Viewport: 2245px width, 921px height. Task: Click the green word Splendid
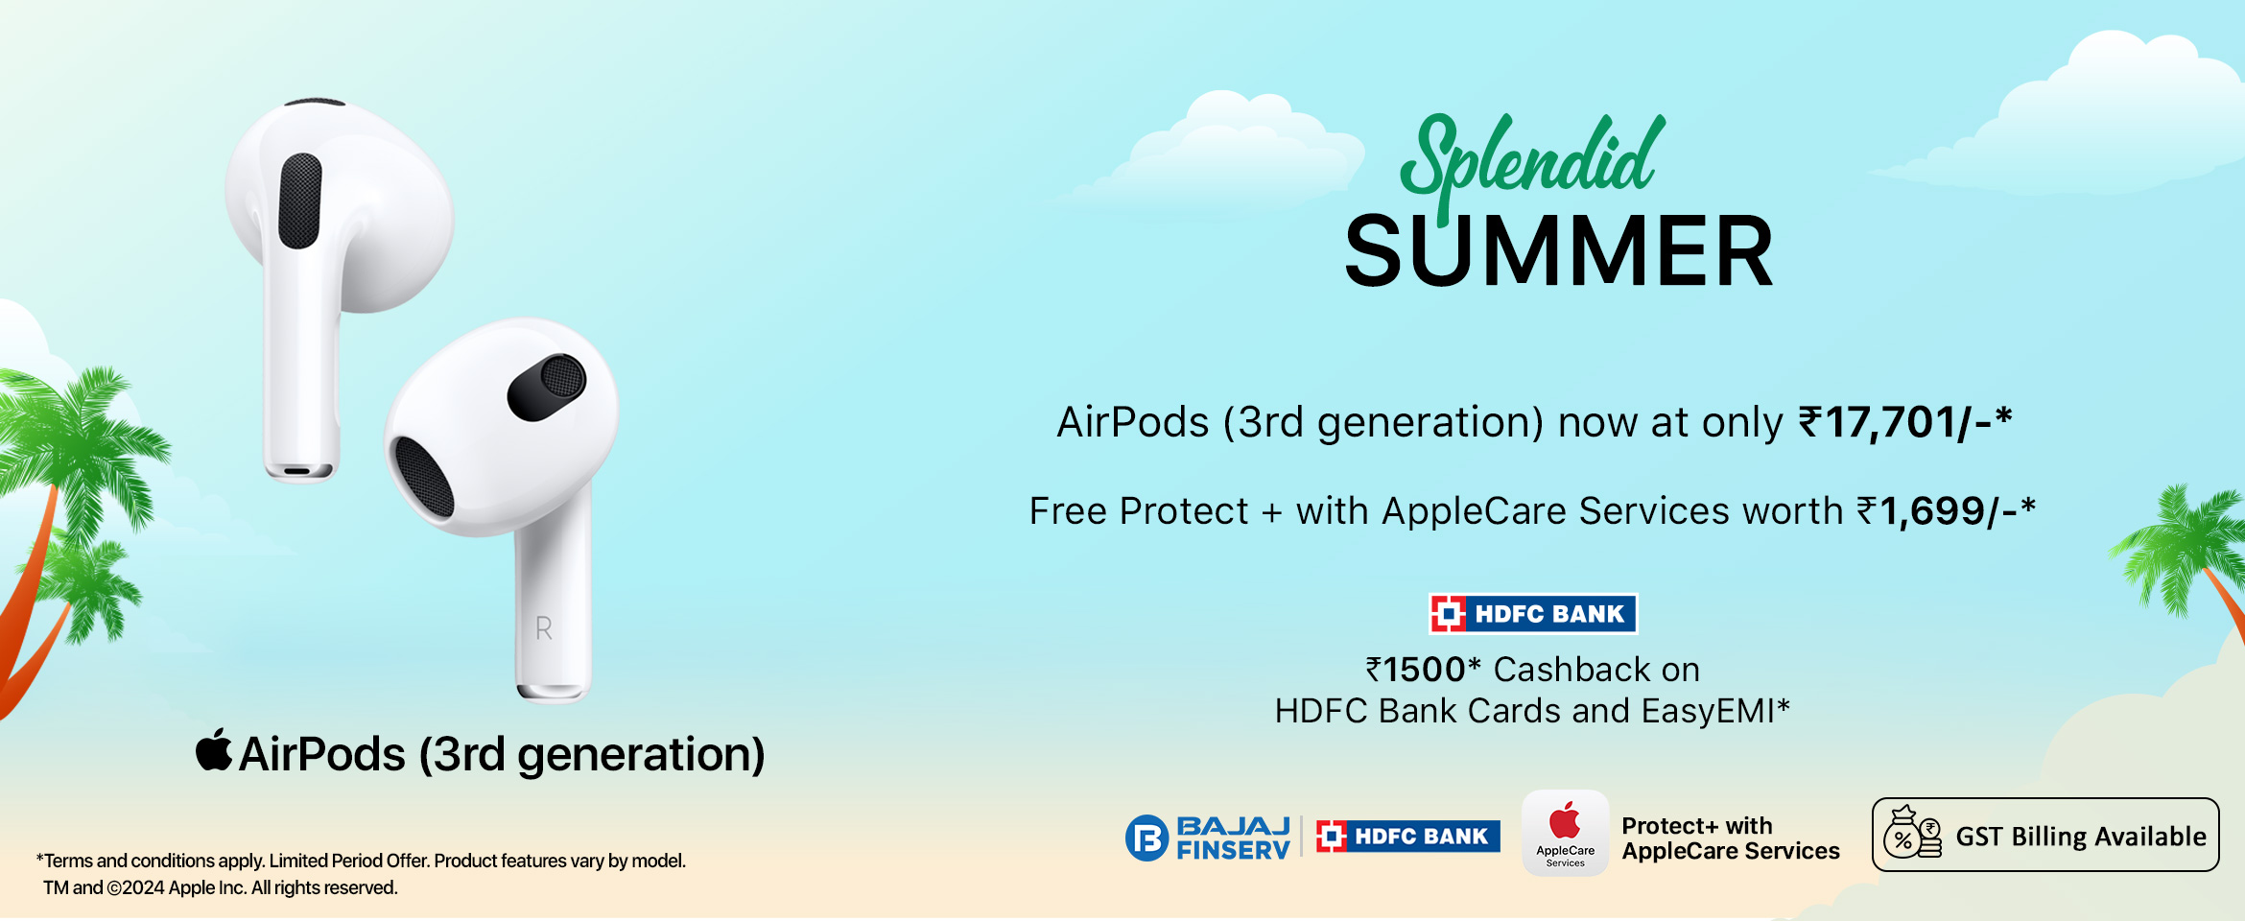1531,163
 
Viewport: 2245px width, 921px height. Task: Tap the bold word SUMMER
1559,251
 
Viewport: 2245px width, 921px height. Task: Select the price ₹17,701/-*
1904,422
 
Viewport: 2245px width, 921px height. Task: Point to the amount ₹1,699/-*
1946,511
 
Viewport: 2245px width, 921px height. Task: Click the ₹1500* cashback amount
1424,670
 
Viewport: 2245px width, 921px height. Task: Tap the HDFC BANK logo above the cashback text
1533,614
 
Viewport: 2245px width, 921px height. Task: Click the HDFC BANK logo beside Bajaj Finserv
1407,837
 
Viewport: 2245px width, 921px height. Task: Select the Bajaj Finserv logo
1208,838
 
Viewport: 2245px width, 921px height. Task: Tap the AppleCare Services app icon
1565,832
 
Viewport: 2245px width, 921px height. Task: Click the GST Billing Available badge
2045,835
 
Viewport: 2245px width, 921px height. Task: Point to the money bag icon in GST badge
1911,833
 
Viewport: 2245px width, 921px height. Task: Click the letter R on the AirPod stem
543,628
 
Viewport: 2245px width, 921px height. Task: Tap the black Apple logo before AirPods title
214,749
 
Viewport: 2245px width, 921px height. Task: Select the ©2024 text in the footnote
135,888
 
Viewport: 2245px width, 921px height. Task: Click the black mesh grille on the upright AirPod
300,201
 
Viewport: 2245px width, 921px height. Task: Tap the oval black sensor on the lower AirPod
547,387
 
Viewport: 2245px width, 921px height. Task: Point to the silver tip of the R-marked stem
553,693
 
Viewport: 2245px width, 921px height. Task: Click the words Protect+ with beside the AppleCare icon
1696,826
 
